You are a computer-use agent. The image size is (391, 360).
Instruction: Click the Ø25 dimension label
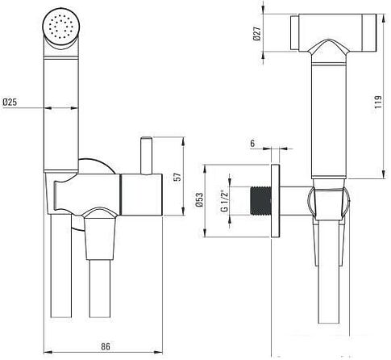10,103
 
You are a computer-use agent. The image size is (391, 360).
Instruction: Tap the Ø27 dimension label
257,34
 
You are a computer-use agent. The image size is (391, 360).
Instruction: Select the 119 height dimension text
378,102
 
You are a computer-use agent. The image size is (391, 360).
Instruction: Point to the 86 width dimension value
106,346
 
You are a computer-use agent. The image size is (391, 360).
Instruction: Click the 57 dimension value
177,177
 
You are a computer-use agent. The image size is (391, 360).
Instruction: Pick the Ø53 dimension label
199,199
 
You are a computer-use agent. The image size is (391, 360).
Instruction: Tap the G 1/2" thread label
224,201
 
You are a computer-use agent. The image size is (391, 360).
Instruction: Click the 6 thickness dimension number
252,144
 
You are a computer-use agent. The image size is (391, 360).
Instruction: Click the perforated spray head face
61,27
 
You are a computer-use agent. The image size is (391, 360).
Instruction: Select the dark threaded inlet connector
260,200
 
